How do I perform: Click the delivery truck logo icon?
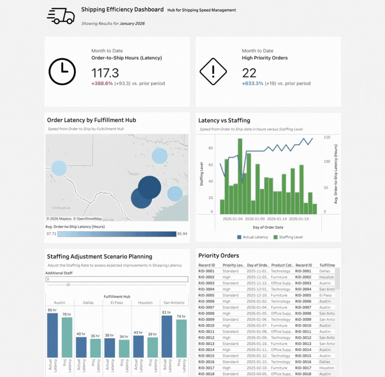tap(61, 16)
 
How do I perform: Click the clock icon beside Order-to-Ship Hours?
tap(62, 71)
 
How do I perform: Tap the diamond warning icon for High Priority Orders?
tap(213, 71)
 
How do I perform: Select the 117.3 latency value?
tap(105, 73)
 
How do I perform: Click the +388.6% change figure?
tap(102, 83)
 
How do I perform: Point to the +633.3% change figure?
tap(252, 83)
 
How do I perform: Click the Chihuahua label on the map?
tap(61, 208)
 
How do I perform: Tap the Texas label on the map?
tap(133, 174)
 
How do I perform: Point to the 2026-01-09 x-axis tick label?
tap(255, 219)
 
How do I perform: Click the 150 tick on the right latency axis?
tap(326, 137)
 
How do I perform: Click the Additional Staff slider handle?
tap(68, 285)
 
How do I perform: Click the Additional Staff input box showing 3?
tap(117, 279)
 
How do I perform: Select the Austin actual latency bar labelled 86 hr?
tap(53, 335)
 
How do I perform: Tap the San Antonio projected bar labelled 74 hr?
tap(181, 338)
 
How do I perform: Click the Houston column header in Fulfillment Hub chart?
tap(145, 303)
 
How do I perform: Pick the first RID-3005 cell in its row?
tap(206, 295)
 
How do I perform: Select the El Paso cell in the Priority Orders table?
tap(326, 295)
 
